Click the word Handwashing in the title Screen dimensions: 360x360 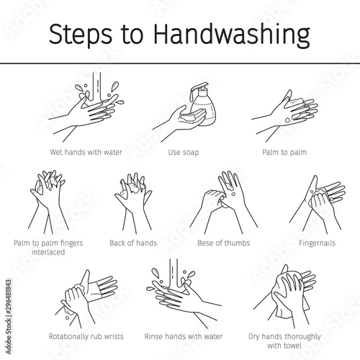(232, 35)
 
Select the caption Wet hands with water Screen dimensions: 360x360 (86, 152)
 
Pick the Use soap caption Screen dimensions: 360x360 (184, 152)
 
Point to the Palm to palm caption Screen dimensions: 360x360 (284, 152)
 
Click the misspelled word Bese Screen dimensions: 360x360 (205, 243)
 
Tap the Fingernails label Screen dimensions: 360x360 (317, 243)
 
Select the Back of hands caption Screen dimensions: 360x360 (133, 243)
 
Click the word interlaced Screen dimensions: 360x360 (48, 252)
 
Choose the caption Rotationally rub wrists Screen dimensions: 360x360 (86, 336)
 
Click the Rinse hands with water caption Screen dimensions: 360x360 (184, 336)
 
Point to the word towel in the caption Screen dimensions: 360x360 (292, 346)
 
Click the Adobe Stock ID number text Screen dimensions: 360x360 (9, 298)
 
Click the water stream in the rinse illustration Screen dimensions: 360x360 (174, 274)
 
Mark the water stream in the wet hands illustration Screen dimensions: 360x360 (97, 87)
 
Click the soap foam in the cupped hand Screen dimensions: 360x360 (187, 117)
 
